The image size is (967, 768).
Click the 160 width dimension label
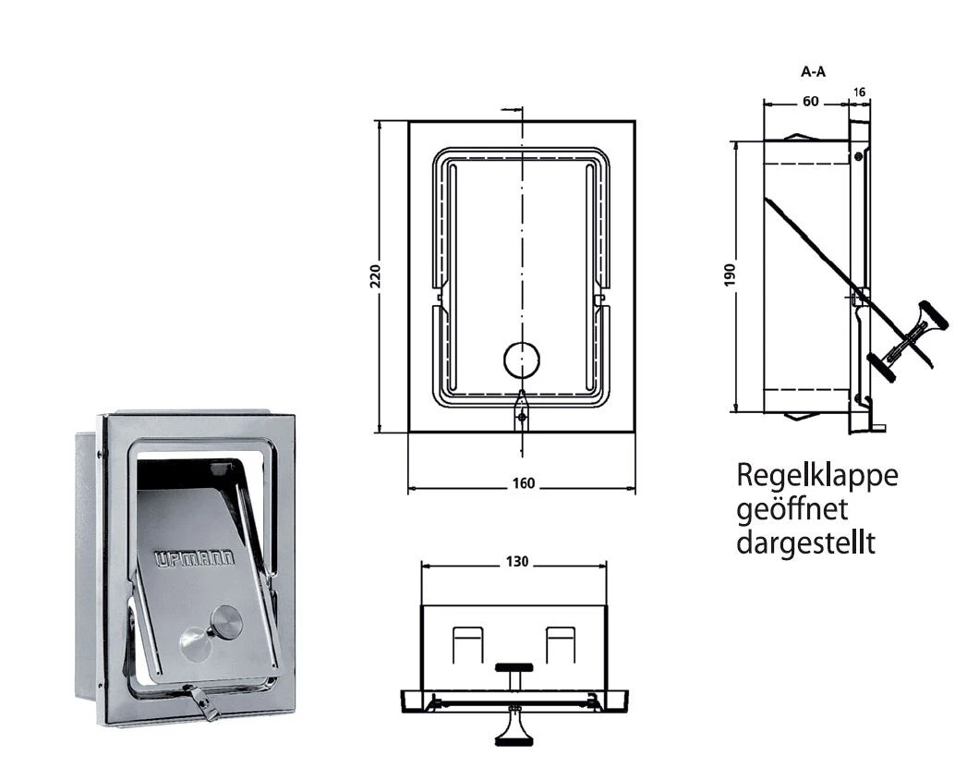522,487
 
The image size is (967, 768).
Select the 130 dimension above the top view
517,562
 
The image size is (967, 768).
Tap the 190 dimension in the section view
730,275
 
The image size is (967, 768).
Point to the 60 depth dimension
809,102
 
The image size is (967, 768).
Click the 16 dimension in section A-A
861,92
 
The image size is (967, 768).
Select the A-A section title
813,70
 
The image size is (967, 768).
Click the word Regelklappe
816,477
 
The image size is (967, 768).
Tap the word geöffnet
792,509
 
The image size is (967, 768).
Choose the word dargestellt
804,542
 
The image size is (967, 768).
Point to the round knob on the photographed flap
224,623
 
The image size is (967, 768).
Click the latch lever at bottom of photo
205,703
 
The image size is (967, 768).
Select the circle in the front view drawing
523,360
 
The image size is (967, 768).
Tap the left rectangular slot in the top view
467,644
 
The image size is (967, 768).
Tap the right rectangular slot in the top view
561,644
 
